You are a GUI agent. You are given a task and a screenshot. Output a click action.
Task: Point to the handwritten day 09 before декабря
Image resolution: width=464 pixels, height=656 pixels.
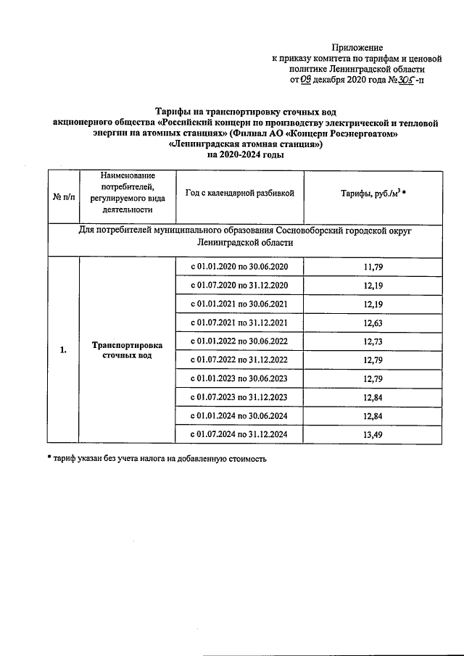pos(305,80)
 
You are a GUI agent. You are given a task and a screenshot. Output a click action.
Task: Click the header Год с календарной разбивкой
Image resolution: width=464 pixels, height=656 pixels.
pos(239,193)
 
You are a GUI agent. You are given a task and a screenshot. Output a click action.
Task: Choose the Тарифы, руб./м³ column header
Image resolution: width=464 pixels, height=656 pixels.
pos(373,194)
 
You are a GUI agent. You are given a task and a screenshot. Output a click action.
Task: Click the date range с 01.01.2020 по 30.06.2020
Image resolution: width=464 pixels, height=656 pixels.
pos(239,267)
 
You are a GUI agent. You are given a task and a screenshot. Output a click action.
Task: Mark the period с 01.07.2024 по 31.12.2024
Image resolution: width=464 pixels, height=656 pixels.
pos(239,433)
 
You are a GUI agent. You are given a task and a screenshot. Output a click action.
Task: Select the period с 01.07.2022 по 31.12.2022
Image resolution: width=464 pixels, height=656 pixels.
pos(239,360)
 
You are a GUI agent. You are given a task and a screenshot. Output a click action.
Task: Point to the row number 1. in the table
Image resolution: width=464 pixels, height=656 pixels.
pos(64,351)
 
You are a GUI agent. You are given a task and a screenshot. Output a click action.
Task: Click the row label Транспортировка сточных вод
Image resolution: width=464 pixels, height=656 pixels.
pos(127,351)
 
